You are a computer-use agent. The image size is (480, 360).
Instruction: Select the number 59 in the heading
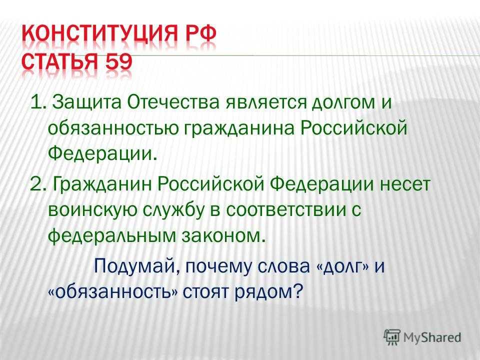119,62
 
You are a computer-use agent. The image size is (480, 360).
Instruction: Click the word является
266,102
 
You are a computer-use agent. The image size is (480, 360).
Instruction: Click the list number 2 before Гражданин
35,184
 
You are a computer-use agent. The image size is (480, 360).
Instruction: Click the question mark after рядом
298,291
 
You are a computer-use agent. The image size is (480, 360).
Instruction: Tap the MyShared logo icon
392,337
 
